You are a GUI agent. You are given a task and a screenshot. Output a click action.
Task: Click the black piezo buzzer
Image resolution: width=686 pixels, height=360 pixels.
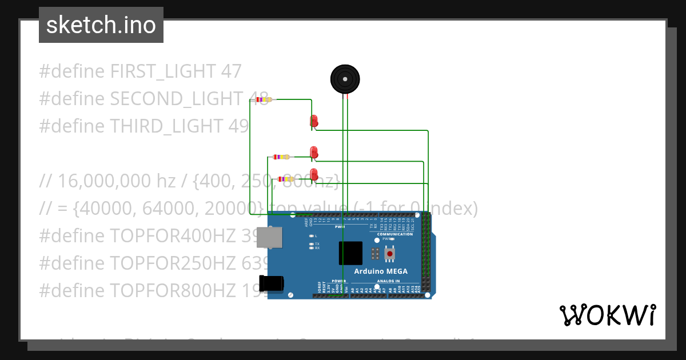pyautogui.click(x=345, y=79)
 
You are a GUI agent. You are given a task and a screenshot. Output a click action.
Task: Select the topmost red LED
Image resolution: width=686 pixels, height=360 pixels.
pyautogui.click(x=314, y=121)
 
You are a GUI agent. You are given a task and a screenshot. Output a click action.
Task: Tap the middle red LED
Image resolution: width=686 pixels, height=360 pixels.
pyautogui.click(x=314, y=152)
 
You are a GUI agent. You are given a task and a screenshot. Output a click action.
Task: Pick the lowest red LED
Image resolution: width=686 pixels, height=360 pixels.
pyautogui.click(x=314, y=174)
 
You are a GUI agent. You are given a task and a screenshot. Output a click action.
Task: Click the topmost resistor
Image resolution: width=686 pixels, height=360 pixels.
pyautogui.click(x=263, y=99)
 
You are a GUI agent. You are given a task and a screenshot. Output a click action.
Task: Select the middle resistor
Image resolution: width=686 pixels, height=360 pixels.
pyautogui.click(x=281, y=157)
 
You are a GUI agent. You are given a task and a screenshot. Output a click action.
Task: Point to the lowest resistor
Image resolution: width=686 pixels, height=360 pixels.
pyautogui.click(x=286, y=179)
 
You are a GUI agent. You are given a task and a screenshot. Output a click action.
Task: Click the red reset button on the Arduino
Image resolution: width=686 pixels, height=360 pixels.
pyautogui.click(x=390, y=253)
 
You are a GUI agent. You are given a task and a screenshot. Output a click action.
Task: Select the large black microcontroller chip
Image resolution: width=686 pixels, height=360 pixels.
pyautogui.click(x=350, y=253)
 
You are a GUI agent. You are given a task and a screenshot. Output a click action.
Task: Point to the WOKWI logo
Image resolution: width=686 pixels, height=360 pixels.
pyautogui.click(x=607, y=315)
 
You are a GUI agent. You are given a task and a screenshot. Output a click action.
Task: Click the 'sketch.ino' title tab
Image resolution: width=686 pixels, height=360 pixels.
pyautogui.click(x=101, y=25)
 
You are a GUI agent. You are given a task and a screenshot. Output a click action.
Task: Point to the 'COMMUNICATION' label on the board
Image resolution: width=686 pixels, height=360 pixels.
pyautogui.click(x=395, y=234)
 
